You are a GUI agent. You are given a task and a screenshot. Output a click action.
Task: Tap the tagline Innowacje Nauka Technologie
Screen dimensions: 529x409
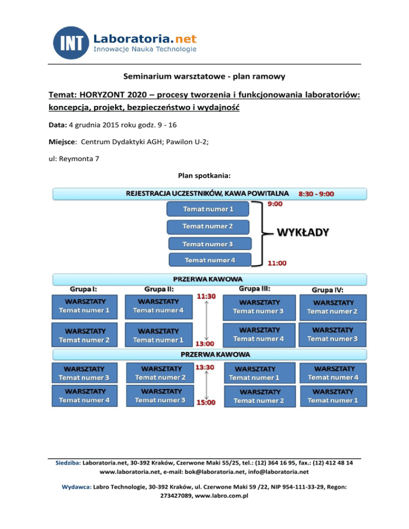pos(145,49)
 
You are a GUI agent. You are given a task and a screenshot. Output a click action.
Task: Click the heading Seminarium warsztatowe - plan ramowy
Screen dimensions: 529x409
pos(204,77)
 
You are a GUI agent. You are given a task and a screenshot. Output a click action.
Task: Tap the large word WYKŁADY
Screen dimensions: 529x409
pos(302,233)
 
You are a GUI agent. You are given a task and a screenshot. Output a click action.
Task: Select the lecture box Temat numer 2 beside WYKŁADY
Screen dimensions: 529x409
pos(208,227)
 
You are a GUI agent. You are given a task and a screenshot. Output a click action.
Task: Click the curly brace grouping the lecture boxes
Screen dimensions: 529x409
pos(261,233)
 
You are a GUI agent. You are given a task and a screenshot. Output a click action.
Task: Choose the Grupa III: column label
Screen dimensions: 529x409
pos(255,288)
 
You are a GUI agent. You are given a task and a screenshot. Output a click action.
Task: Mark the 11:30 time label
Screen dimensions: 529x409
pos(206,296)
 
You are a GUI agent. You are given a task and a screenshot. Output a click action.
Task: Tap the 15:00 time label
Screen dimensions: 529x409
pos(206,402)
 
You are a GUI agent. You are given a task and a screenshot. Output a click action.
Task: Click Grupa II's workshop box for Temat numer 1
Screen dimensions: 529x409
pos(158,335)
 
